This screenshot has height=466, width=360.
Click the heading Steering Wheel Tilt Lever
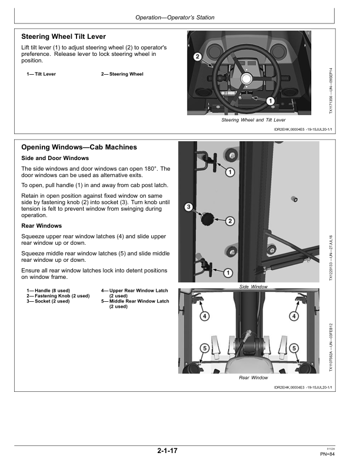[x=63, y=36]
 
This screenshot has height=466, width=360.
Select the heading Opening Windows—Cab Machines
[x=79, y=147]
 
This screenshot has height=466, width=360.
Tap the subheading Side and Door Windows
[x=55, y=158]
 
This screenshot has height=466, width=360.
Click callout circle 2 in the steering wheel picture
[x=198, y=56]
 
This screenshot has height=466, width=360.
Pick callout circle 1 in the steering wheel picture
[x=270, y=101]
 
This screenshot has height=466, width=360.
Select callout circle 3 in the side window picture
[x=188, y=207]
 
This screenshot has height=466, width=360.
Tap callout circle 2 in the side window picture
[x=230, y=221]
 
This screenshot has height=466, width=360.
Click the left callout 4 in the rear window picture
[x=204, y=316]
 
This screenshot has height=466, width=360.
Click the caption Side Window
[x=254, y=287]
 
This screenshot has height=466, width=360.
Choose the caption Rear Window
[x=254, y=377]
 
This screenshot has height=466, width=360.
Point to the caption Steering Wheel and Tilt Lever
[x=254, y=120]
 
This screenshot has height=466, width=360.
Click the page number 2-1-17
[x=168, y=451]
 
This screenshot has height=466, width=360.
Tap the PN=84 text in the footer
[x=327, y=454]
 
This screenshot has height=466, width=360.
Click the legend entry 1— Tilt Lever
[x=41, y=74]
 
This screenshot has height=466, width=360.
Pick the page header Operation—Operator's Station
[x=175, y=18]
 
